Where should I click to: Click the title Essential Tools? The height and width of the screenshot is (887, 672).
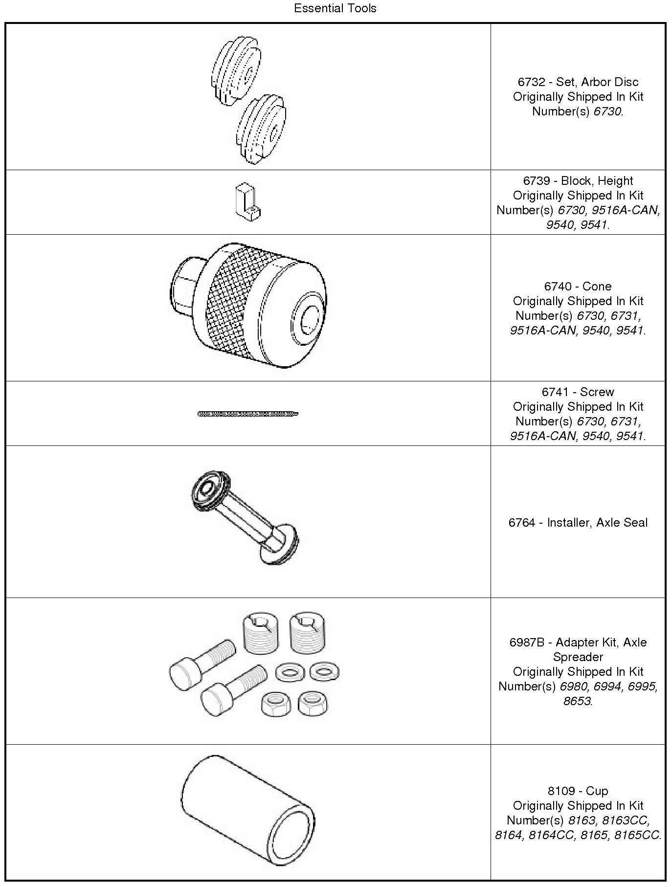point(335,8)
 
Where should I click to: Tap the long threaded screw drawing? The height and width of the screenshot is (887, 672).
point(248,414)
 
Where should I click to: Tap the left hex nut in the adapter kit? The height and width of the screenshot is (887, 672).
point(274,704)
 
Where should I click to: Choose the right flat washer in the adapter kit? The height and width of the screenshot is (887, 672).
point(324,672)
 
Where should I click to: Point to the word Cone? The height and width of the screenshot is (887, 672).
point(597,287)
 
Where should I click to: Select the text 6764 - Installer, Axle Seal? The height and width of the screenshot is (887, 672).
point(578,523)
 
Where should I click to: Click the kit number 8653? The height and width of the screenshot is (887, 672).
point(577,701)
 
